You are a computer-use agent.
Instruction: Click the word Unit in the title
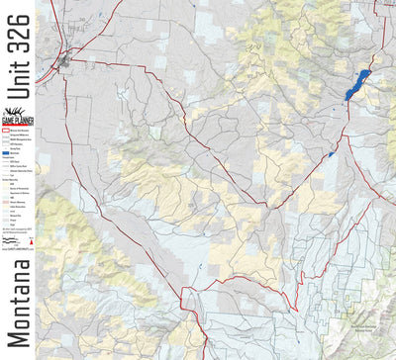[20, 70]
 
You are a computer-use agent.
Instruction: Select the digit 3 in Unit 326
[20, 39]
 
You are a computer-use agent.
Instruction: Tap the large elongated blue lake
[355, 84]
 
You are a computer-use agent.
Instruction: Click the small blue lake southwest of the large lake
[331, 154]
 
